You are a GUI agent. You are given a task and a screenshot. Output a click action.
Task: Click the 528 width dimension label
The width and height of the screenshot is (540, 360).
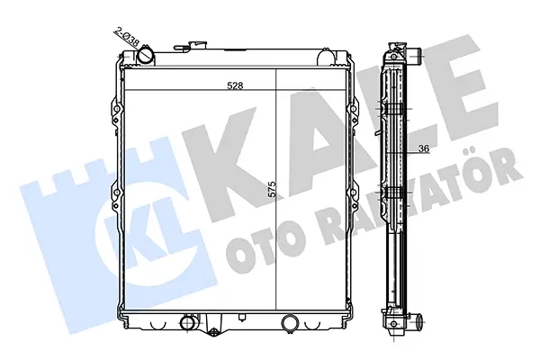[235, 85]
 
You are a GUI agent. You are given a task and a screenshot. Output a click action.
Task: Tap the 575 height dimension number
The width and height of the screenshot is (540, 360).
[272, 189]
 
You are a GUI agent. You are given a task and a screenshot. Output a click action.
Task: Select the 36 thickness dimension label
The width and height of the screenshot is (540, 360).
[424, 148]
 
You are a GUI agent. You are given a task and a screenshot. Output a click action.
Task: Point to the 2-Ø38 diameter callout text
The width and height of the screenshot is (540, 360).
[126, 39]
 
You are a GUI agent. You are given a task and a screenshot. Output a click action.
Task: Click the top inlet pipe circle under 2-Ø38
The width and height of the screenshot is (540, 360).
[146, 54]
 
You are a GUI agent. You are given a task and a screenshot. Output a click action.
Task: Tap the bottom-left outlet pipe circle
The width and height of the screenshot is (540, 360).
[188, 322]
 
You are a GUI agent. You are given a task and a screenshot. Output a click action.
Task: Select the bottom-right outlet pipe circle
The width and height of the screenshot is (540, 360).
[290, 322]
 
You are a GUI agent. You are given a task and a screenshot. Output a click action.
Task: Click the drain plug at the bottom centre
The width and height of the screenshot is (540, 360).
[214, 331]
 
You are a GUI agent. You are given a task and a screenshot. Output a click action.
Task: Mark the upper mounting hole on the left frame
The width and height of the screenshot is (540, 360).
[117, 110]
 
